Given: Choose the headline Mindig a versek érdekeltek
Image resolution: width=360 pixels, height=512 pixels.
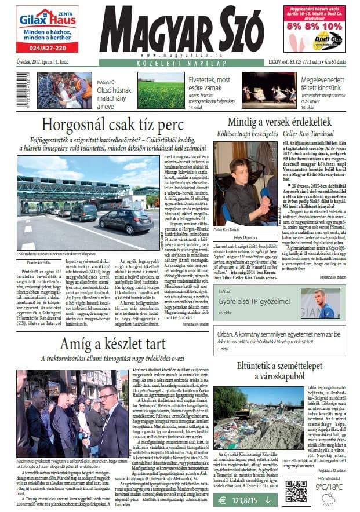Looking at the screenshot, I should click(279, 122).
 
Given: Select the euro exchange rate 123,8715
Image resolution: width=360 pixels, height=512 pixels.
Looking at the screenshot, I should click(244, 499).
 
